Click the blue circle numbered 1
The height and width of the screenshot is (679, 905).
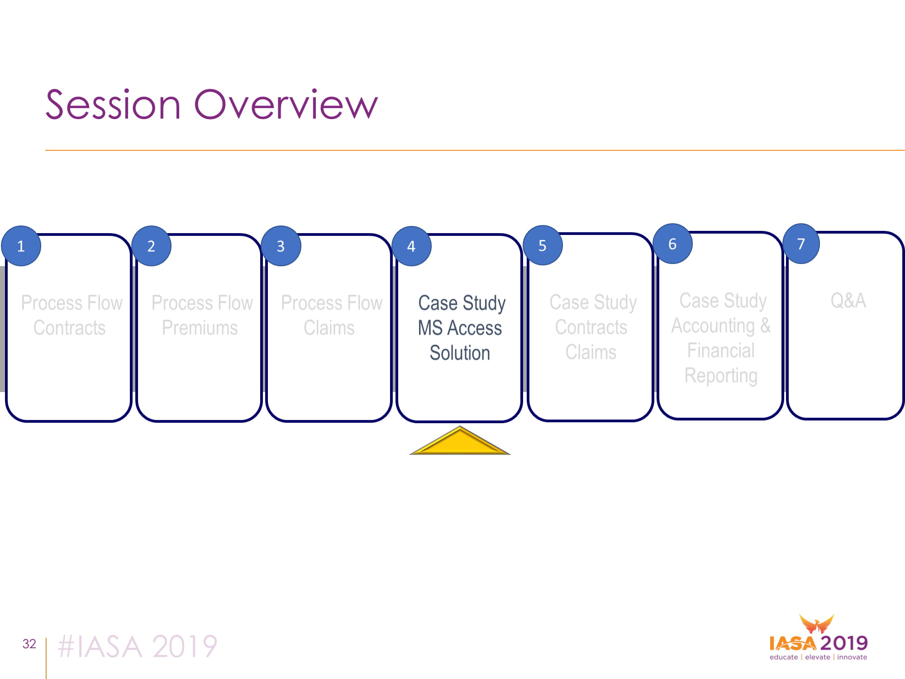(x=21, y=246)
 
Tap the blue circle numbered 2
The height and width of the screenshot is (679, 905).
(x=152, y=246)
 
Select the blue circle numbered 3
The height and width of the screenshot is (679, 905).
(x=281, y=246)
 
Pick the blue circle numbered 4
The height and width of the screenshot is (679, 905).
(x=411, y=246)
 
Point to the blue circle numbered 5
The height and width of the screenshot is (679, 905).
(x=543, y=245)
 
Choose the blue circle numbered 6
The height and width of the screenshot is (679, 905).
(x=673, y=244)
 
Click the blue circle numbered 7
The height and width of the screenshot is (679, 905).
(x=801, y=244)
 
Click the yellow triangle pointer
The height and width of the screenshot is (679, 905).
(x=460, y=441)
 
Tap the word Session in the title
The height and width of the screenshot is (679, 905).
(x=113, y=105)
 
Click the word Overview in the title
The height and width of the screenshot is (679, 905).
(x=286, y=105)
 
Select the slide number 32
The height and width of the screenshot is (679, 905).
(x=29, y=644)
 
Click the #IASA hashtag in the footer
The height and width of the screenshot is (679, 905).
(x=100, y=646)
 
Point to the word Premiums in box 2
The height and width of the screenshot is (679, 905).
(x=200, y=328)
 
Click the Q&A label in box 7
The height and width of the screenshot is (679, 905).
(x=848, y=301)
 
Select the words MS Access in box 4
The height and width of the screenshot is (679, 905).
(x=460, y=328)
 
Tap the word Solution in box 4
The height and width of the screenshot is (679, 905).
(x=460, y=353)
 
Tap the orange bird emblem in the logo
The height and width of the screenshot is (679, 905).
(x=817, y=624)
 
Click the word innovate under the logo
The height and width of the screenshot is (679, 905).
(x=852, y=657)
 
